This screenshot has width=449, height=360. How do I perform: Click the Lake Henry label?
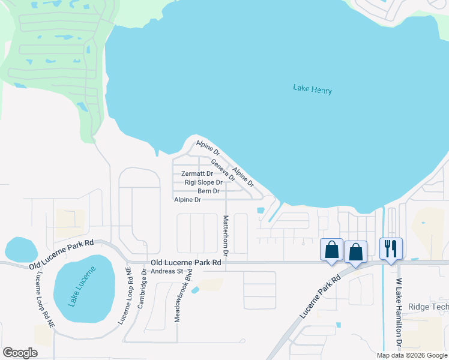pos(312,89)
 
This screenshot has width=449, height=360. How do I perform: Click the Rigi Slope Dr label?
pos(203,182)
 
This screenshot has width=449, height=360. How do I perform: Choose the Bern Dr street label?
pos(208,191)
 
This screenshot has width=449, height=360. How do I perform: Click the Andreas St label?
pos(167,271)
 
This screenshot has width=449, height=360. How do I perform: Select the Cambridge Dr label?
pos(142,289)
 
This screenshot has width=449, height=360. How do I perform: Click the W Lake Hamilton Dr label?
pos(399,311)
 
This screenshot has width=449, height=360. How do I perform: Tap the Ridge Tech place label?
pos(428,307)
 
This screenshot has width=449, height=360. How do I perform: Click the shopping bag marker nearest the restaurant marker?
pos(355,252)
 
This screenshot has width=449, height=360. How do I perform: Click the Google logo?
pos(20,353)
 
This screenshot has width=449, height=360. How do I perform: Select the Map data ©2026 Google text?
pos(411,355)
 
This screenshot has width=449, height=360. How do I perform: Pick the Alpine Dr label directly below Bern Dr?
pos(187,200)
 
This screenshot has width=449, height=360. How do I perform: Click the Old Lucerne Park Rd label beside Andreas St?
pos(186,263)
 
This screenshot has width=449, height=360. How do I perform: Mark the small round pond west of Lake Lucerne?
pos(20,249)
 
